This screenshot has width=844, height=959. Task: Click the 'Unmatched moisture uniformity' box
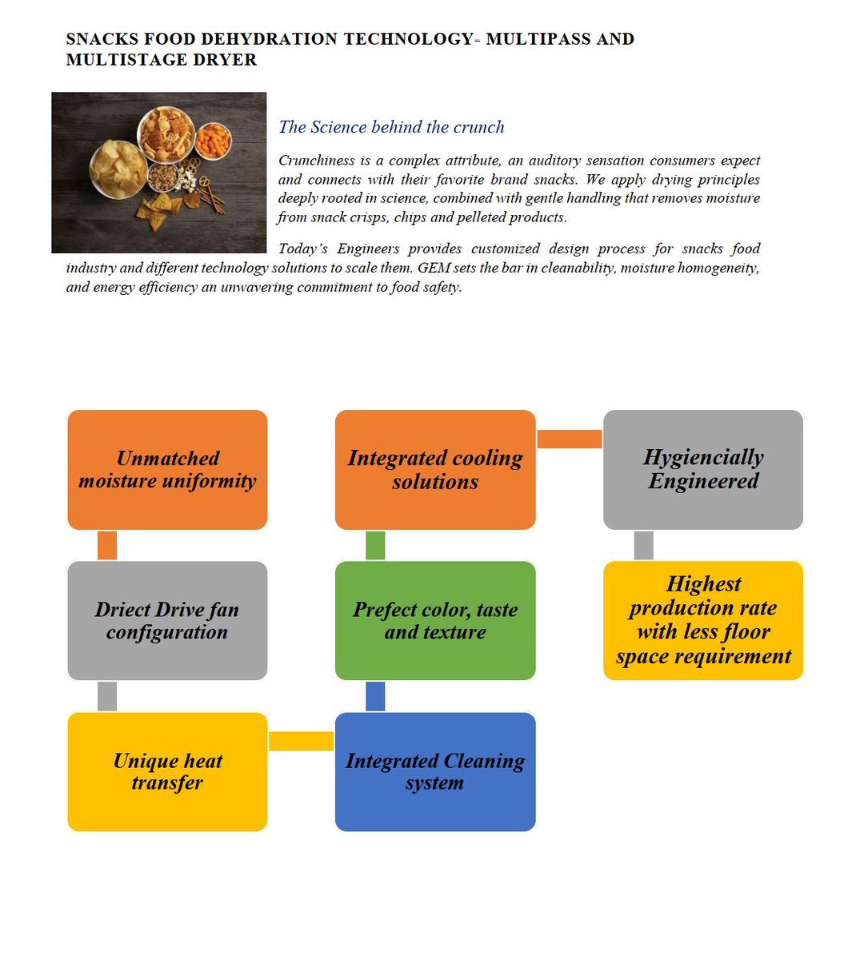click(x=167, y=470)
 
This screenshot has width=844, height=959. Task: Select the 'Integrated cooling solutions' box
click(x=435, y=470)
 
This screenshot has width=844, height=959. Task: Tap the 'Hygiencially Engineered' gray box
click(x=702, y=470)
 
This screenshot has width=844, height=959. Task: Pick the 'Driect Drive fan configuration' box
click(x=167, y=621)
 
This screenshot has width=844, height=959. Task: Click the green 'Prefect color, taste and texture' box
click(x=435, y=621)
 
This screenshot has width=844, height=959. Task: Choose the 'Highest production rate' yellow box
click(x=702, y=621)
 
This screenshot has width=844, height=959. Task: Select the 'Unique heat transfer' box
click(x=167, y=772)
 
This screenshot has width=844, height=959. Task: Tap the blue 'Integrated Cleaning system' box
click(x=435, y=772)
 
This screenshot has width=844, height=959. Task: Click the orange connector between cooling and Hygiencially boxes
click(x=569, y=439)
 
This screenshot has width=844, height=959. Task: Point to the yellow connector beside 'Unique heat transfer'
click(x=301, y=742)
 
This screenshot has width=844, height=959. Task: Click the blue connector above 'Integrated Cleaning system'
click(x=375, y=696)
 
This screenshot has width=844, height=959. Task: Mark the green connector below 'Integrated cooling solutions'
click(x=375, y=545)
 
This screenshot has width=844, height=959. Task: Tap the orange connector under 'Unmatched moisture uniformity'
click(x=107, y=545)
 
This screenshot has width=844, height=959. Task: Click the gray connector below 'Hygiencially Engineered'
click(x=643, y=545)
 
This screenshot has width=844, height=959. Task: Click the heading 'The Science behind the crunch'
click(x=391, y=127)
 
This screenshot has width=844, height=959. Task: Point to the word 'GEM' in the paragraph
click(x=421, y=268)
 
